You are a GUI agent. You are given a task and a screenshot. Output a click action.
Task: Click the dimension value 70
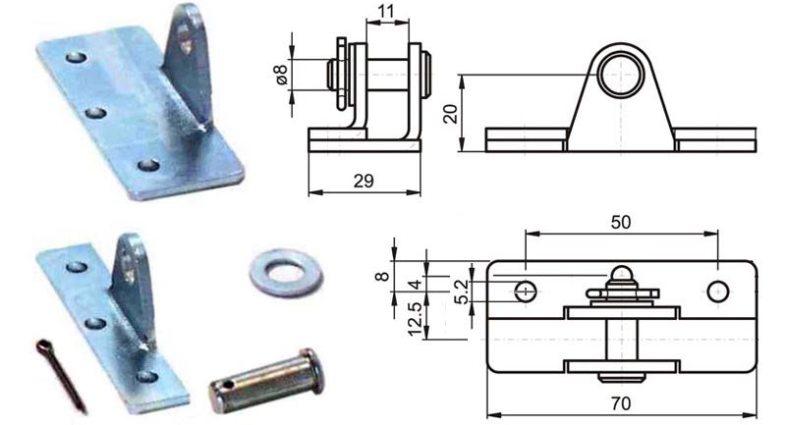[x=621, y=403]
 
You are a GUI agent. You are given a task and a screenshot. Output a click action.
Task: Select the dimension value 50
[x=621, y=222]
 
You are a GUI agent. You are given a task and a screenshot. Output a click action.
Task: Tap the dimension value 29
[x=364, y=181]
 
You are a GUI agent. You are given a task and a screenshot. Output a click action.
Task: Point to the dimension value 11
[x=387, y=11]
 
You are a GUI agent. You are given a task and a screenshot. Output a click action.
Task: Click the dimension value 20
[x=451, y=114]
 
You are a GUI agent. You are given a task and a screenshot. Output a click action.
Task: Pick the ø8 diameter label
[x=282, y=76]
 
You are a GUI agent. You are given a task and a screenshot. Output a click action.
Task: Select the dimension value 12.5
[x=416, y=319]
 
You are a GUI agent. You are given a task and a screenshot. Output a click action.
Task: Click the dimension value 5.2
[x=461, y=292]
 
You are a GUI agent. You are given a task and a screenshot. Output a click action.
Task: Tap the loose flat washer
[x=286, y=273]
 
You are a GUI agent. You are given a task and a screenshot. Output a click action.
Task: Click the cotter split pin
[x=60, y=373]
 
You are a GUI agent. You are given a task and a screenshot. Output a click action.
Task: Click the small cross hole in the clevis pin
[x=229, y=385]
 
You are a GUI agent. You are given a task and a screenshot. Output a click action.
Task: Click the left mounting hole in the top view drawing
[x=526, y=291]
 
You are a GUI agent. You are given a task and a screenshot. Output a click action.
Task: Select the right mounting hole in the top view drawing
[x=718, y=291]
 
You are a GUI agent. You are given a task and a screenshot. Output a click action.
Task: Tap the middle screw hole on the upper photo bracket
[x=95, y=112]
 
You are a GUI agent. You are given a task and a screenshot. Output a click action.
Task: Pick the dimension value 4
[x=416, y=285]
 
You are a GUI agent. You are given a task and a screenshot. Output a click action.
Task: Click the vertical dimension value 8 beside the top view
[x=381, y=276]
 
